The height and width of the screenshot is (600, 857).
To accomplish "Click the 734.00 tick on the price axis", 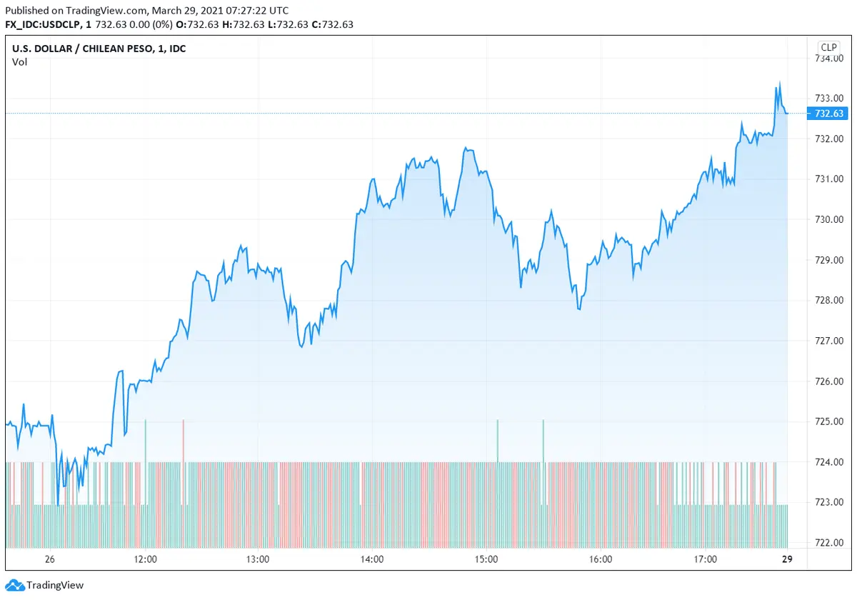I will click(828, 58).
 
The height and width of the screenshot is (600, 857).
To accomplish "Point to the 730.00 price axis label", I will click(828, 219).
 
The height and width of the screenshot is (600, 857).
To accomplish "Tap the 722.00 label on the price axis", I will click(828, 543).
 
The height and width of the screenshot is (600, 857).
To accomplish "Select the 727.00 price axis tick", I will click(828, 341).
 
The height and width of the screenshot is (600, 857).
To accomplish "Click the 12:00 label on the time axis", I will click(145, 559).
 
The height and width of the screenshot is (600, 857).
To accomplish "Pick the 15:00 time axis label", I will click(486, 559).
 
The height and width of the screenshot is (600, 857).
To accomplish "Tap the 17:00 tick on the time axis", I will click(706, 559).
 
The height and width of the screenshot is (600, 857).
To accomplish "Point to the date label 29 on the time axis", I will click(787, 559).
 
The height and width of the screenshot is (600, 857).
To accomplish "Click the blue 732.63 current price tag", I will click(827, 114).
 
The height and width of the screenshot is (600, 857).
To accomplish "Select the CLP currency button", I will click(828, 47).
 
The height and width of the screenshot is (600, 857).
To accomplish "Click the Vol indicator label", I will click(19, 61).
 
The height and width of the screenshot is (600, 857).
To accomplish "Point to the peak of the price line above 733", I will click(779, 83).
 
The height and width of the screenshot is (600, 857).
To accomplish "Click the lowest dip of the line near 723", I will click(58, 504).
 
